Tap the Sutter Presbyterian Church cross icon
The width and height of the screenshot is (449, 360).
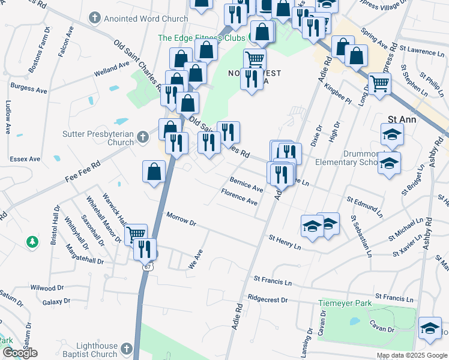click(142, 137)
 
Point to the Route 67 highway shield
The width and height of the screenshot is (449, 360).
click(148, 266)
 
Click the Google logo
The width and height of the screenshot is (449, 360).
click(20, 353)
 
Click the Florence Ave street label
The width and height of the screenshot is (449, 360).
click(239, 198)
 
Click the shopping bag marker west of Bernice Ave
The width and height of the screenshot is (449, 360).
click(154, 172)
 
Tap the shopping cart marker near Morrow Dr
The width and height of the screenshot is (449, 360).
click(136, 233)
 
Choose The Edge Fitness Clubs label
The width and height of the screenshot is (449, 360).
click(200, 38)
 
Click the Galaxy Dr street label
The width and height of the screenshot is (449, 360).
click(56, 302)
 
